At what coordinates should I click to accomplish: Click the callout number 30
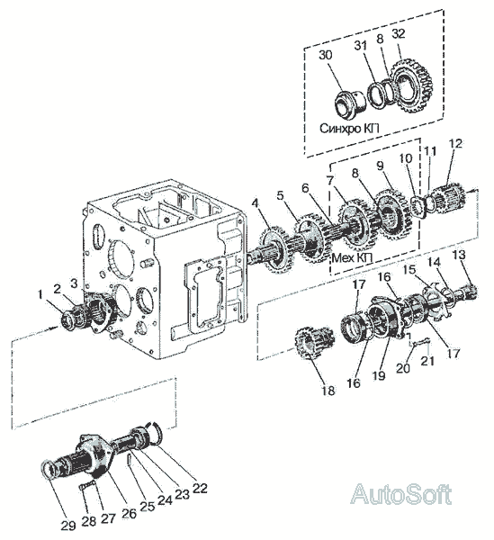click(x=326, y=55)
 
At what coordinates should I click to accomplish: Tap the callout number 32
click(x=399, y=34)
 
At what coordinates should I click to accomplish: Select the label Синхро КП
click(x=349, y=129)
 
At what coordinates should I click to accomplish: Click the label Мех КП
click(x=352, y=257)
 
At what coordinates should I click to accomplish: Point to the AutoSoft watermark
click(x=400, y=494)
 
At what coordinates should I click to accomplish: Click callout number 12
click(x=455, y=144)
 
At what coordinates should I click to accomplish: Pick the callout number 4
click(x=255, y=203)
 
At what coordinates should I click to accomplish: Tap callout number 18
click(x=328, y=391)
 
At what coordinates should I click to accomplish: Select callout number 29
click(x=68, y=526)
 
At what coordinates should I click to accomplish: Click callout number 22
click(x=201, y=488)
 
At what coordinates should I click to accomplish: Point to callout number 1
click(x=40, y=294)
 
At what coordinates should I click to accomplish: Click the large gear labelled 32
click(x=413, y=88)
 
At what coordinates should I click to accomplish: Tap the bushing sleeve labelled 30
click(x=349, y=103)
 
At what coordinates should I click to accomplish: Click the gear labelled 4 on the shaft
click(x=275, y=247)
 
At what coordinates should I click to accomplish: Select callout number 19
click(x=379, y=375)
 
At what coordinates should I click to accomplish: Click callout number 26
click(x=129, y=513)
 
